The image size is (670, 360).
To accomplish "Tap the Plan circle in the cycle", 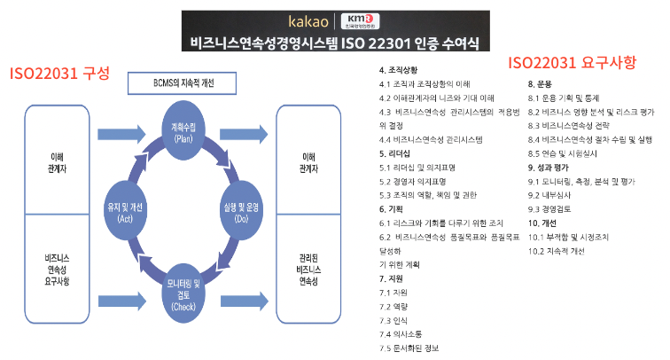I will pyautogui.click(x=184, y=131).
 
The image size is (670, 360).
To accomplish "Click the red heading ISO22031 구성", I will pyautogui.click(x=58, y=72).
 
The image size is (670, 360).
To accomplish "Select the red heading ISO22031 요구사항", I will pyautogui.click(x=572, y=63).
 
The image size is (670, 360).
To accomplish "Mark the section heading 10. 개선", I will pyautogui.click(x=543, y=222).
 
